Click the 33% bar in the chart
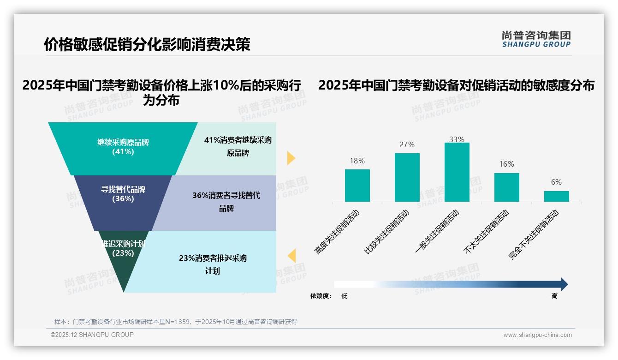tap(457, 172)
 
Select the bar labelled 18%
tap(357, 185)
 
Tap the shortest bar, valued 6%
tap(556, 196)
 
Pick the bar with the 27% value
tap(407, 177)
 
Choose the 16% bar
tap(506, 187)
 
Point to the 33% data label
tap(457, 139)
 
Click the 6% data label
tap(556, 182)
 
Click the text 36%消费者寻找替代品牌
tap(226, 202)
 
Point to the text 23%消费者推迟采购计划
tap(213, 264)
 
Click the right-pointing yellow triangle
tap(291, 158)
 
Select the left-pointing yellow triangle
tap(291, 256)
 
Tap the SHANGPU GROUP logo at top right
tap(536, 39)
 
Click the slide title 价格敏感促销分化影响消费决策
tap(147, 44)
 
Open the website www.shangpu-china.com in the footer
tap(537, 335)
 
